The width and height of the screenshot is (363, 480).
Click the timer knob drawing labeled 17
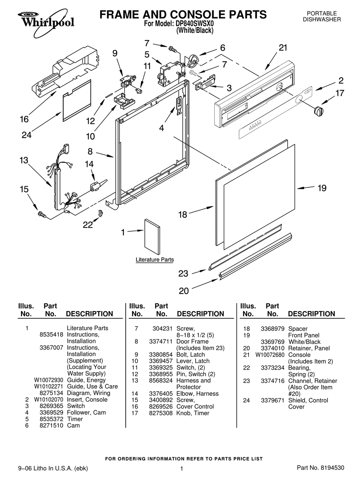pos(318,111)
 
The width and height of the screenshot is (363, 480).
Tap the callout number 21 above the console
pos(283,48)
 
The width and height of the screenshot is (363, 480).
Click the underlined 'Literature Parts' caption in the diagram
pos(155,260)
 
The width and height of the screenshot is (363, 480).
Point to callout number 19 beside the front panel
pos(322,188)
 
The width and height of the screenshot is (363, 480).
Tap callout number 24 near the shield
pos(26,135)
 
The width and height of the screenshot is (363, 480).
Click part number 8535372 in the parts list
pos(51,419)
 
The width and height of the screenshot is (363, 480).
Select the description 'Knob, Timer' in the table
pos(193,413)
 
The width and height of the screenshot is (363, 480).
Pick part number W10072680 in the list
pos(270,355)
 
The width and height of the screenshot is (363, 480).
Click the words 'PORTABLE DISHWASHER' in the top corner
pos(322,16)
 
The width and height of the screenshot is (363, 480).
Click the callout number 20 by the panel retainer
pos(184,291)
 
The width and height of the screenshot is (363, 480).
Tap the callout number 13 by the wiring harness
pos(24,160)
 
